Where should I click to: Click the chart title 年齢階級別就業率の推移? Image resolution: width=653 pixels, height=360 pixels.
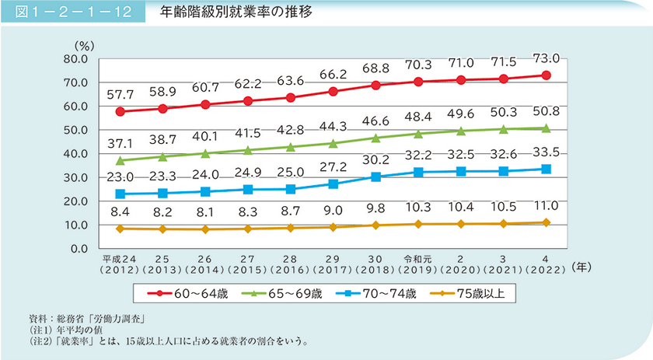tap(242, 13)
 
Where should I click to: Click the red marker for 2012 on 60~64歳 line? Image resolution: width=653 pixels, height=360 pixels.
tap(120, 111)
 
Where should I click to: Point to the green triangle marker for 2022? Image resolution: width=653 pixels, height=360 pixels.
tap(546, 128)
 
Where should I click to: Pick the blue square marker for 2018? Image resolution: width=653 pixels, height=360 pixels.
tap(375, 177)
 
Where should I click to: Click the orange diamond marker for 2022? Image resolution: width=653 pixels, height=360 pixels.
tap(546, 222)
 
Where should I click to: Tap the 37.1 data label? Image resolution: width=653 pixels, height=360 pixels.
tap(120, 145)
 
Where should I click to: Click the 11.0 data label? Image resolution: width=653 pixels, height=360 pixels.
tap(546, 206)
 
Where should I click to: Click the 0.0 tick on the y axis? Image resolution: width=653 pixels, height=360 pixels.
tap(81, 249)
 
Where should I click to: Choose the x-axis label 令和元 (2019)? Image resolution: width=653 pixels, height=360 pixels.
tap(418, 264)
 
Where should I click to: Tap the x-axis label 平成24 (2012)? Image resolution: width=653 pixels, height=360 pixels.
tap(120, 264)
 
